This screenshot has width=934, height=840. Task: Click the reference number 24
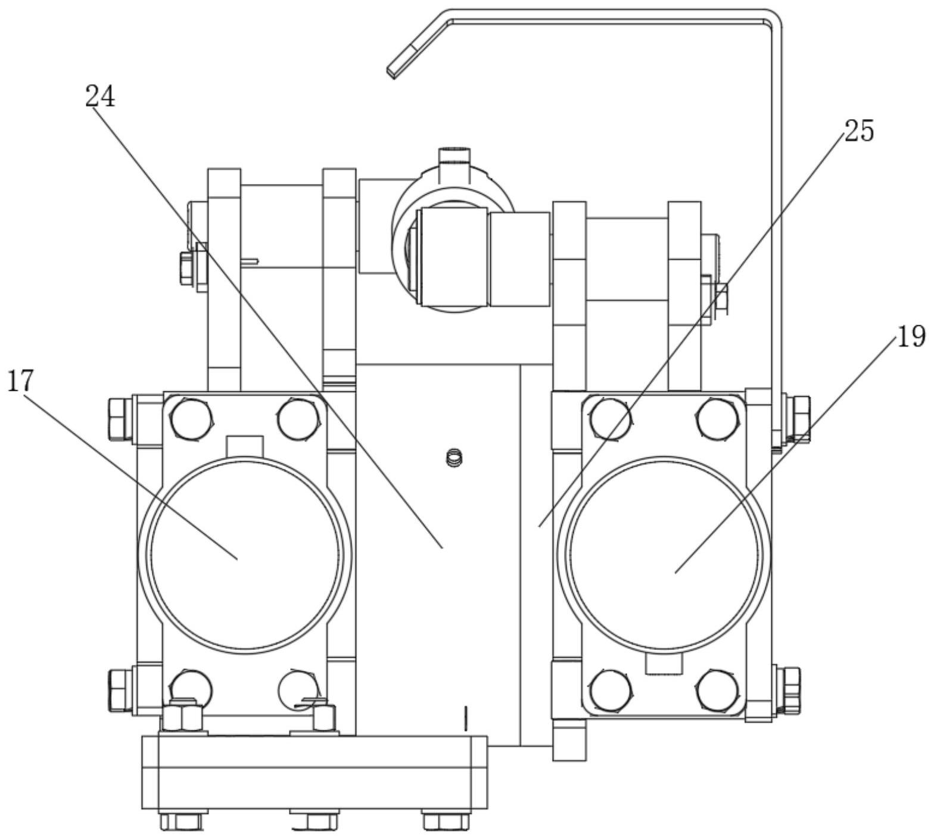click(x=100, y=97)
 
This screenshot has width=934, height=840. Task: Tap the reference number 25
click(x=859, y=131)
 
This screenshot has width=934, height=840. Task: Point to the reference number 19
click(x=911, y=337)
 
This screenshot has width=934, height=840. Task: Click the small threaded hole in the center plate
click(x=455, y=458)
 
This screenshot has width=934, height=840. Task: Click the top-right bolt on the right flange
click(x=718, y=419)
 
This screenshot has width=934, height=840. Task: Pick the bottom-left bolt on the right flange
click(x=611, y=690)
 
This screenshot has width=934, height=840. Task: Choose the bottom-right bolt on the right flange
click(x=718, y=690)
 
